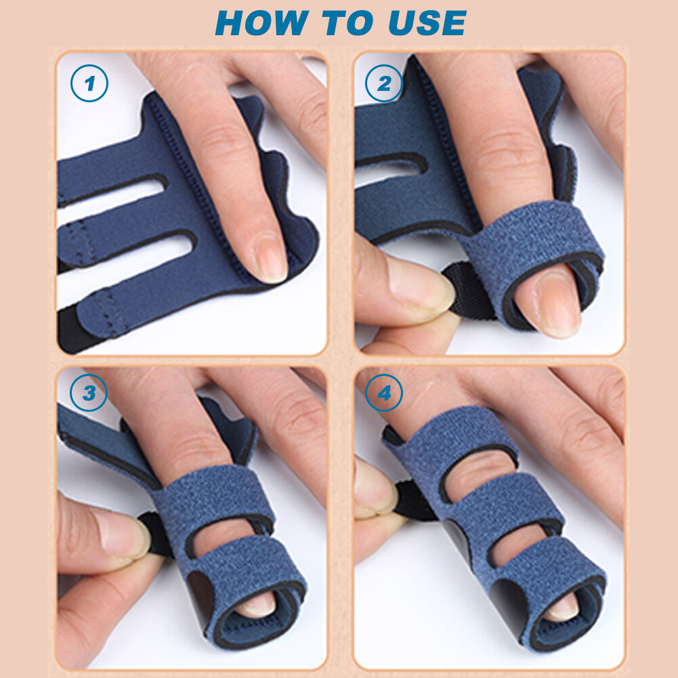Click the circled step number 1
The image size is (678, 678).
click(89, 84)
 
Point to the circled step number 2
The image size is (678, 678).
click(383, 84)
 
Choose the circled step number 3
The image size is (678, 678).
click(89, 394)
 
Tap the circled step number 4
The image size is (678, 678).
click(383, 394)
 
